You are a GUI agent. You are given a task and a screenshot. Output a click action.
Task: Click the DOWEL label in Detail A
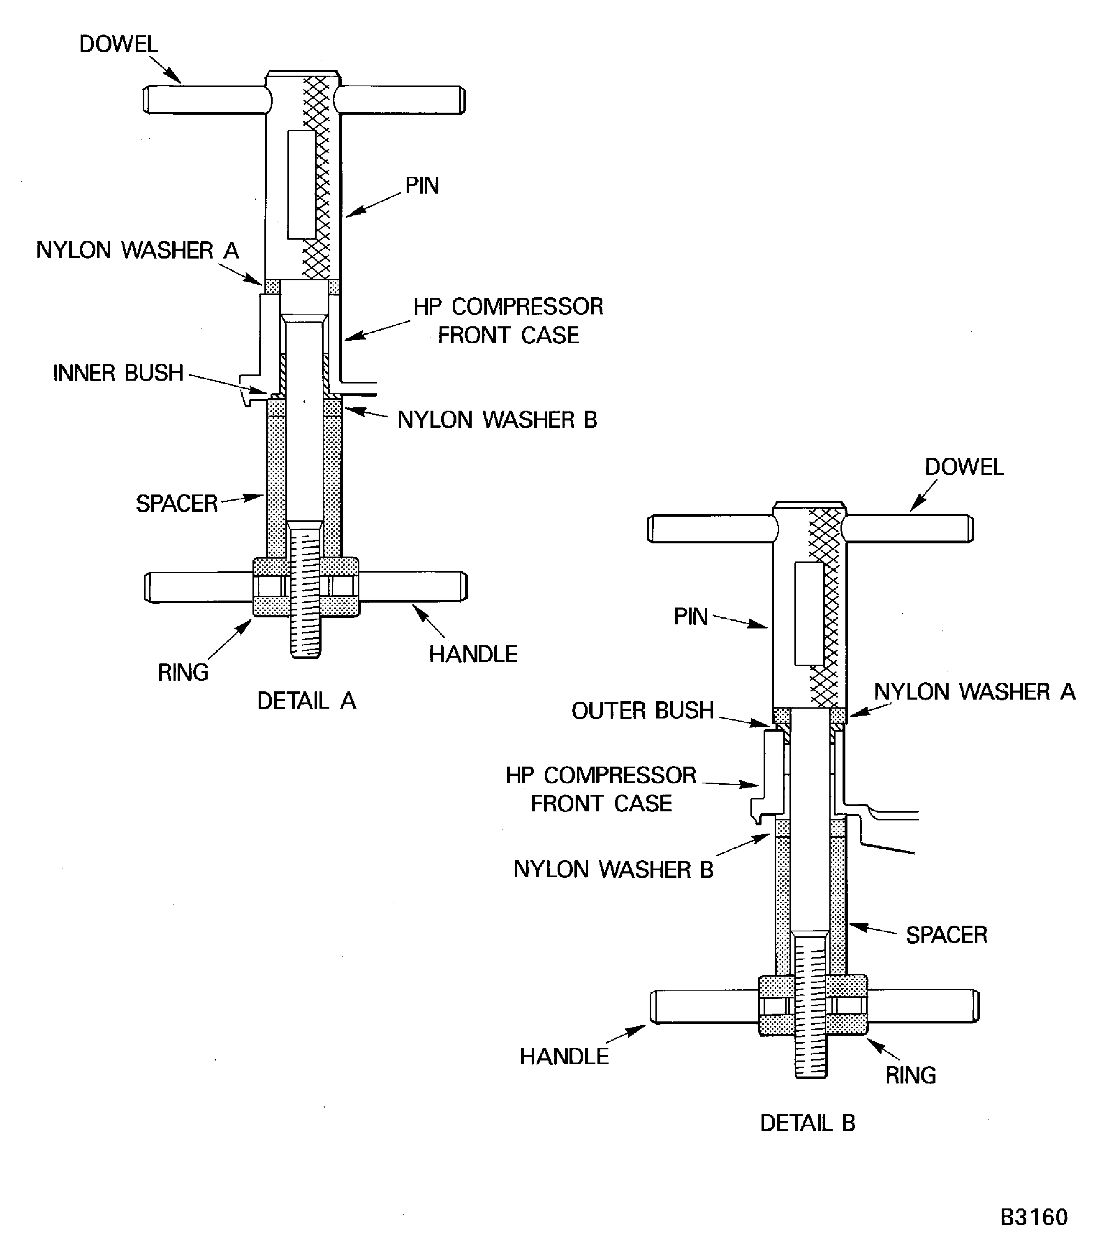(118, 44)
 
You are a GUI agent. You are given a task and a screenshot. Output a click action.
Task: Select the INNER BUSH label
(118, 373)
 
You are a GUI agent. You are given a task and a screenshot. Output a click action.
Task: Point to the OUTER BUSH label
(642, 710)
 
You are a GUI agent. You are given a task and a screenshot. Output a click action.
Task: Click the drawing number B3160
(1033, 1217)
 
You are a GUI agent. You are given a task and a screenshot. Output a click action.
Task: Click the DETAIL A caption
(306, 701)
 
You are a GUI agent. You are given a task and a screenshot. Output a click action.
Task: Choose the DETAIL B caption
(807, 1123)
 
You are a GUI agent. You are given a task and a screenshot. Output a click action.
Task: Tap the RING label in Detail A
(183, 672)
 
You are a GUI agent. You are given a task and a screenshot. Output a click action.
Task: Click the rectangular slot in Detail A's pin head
(301, 184)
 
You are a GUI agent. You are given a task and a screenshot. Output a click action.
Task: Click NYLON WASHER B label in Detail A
(497, 420)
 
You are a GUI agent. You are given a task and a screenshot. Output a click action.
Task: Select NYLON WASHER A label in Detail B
(974, 691)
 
